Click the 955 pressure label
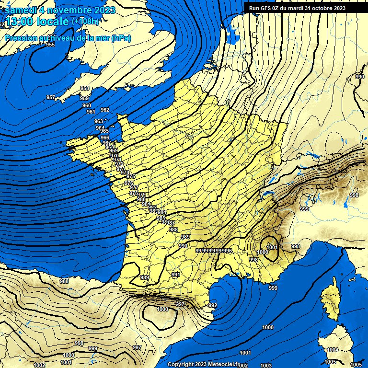50,45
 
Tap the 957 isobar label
50,97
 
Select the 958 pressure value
84,88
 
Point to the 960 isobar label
86,105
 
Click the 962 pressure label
105,110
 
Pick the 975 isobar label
131,177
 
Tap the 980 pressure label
141,199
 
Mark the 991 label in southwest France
176,275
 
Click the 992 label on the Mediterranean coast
213,305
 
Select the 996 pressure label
228,251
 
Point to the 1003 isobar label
266,366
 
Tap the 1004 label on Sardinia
333,350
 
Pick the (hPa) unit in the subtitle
121,38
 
